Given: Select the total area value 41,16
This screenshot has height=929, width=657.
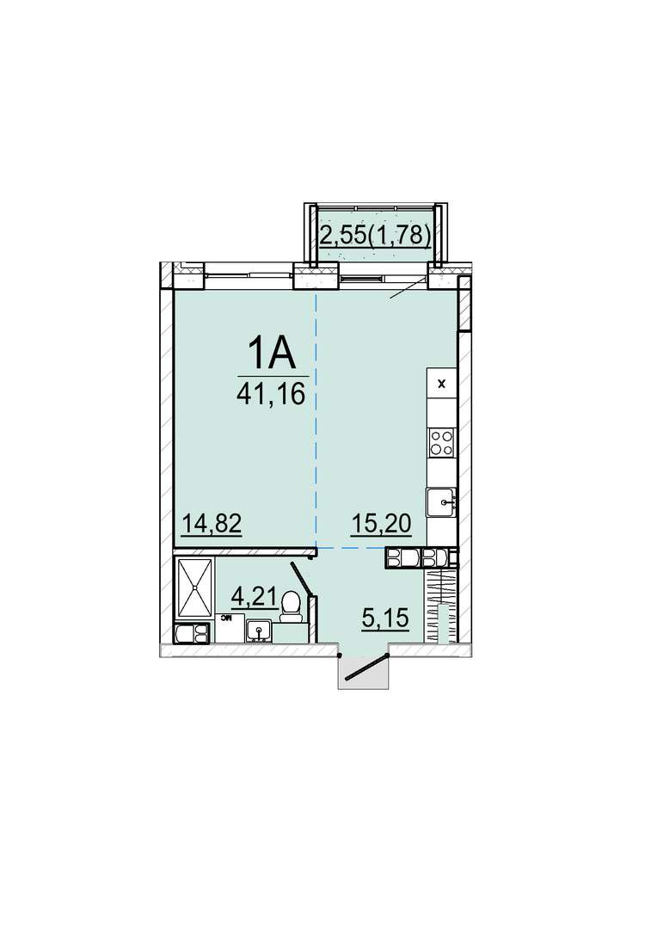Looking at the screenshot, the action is [x=271, y=393].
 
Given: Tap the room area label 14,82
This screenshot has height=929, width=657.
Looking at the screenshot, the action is [x=212, y=524].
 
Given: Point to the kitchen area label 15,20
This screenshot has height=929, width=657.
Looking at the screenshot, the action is [x=382, y=524].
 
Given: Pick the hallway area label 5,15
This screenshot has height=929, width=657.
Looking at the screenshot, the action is [x=385, y=619].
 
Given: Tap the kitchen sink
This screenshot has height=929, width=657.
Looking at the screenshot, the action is [x=442, y=503].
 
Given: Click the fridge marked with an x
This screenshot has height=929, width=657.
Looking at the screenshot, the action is [x=441, y=384].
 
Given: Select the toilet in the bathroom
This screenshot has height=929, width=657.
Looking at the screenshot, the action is [x=291, y=607].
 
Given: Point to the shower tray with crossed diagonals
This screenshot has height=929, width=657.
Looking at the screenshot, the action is [x=194, y=588].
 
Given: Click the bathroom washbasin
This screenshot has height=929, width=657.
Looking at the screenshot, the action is [x=258, y=631].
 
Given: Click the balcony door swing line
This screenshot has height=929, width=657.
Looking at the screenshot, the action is [x=408, y=286].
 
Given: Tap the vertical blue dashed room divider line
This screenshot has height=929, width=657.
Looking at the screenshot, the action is [x=316, y=420].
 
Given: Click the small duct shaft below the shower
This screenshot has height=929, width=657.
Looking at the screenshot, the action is [x=193, y=633].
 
